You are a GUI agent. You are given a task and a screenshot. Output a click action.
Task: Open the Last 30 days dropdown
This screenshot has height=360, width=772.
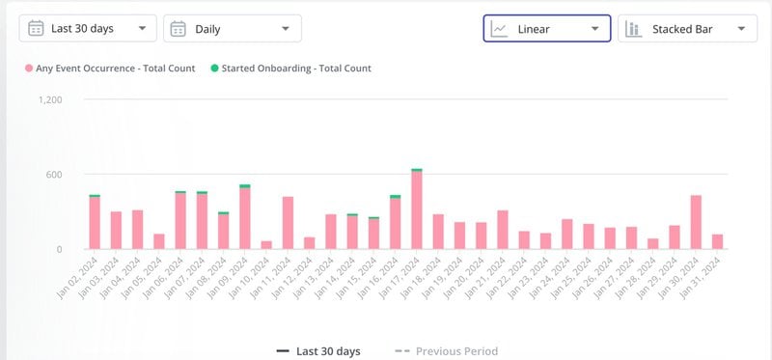(x=88, y=28)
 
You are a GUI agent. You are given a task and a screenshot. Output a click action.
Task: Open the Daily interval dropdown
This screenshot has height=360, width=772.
(x=232, y=28)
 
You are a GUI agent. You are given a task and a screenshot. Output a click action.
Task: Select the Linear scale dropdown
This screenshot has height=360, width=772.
(x=546, y=29)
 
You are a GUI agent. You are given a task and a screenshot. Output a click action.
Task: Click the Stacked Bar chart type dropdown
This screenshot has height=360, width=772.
(x=687, y=29)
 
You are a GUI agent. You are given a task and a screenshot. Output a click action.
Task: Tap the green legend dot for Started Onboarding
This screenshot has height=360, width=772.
(x=213, y=69)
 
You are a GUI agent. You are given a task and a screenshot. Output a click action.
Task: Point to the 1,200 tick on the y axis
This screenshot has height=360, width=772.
(x=50, y=99)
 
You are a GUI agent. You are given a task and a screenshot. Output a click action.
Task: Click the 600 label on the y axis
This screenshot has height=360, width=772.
(x=53, y=175)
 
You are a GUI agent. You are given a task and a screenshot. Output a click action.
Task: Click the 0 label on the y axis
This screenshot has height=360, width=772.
(x=58, y=249)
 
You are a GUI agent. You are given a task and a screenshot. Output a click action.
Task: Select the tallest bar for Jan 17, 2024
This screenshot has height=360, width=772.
(x=417, y=210)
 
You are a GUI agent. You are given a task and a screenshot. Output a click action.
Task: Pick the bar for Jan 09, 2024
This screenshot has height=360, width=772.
(x=245, y=218)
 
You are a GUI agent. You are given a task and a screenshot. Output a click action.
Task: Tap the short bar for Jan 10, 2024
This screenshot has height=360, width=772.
(x=266, y=245)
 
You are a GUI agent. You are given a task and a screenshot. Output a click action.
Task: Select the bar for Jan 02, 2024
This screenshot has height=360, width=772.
(x=95, y=223)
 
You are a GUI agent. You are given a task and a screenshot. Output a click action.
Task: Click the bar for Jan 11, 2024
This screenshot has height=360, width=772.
(x=288, y=223)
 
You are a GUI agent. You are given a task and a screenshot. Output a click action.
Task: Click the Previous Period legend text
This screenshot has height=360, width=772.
(x=456, y=351)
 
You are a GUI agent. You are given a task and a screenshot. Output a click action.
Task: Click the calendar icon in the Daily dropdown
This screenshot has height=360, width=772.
(x=178, y=28)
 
